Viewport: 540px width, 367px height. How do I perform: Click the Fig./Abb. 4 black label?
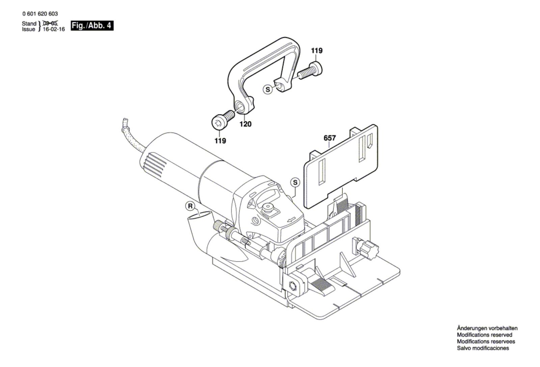(x=92, y=26)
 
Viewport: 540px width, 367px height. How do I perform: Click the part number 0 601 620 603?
(x=40, y=14)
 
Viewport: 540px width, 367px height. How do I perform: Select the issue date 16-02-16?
(x=54, y=29)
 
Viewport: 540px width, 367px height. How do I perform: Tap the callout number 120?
(x=245, y=124)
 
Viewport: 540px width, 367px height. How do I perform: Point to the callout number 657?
(x=329, y=138)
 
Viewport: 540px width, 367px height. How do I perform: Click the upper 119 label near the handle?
(x=317, y=50)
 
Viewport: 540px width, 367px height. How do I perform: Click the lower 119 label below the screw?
(x=220, y=141)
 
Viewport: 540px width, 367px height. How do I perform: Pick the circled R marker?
(x=190, y=206)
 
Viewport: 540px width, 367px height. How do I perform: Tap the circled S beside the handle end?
(x=268, y=90)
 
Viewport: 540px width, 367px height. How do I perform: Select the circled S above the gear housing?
(x=295, y=182)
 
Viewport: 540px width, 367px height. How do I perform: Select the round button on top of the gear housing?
(x=268, y=207)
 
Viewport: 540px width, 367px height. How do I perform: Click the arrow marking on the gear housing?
(x=292, y=219)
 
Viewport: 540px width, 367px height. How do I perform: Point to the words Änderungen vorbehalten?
(x=487, y=328)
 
